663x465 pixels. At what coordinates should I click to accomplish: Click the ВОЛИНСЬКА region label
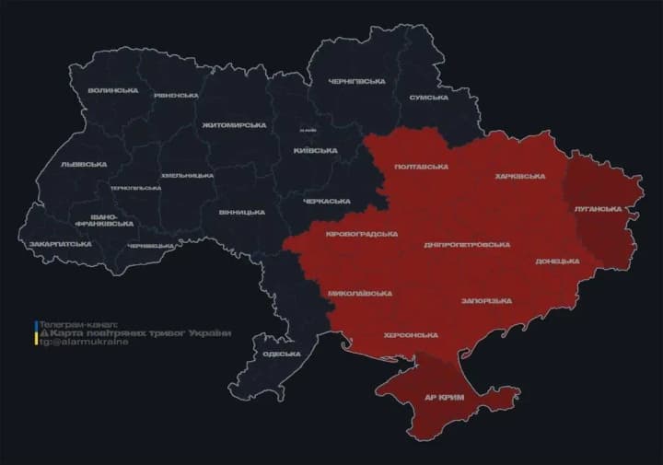(x=113, y=90)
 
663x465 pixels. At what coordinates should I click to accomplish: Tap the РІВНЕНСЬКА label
(x=177, y=95)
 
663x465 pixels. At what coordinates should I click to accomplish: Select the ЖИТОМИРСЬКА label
(x=234, y=124)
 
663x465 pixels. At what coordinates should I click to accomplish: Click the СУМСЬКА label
(x=428, y=97)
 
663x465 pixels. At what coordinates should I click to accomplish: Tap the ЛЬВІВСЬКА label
(x=83, y=164)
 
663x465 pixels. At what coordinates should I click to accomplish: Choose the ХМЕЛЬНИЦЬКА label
(x=188, y=175)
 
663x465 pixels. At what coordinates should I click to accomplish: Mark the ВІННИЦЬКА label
(x=242, y=212)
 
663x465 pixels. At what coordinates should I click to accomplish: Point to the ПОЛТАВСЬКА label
(x=421, y=167)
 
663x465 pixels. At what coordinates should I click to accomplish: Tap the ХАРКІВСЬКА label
(x=520, y=176)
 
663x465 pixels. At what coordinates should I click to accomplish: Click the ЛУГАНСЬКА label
(x=598, y=209)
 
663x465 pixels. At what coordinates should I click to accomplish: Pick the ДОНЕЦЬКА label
(x=557, y=262)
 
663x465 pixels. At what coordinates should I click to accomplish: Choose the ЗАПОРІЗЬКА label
(x=486, y=301)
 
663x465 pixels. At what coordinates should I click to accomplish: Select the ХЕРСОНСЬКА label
(x=412, y=334)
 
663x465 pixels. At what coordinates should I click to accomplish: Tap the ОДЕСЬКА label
(x=282, y=354)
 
